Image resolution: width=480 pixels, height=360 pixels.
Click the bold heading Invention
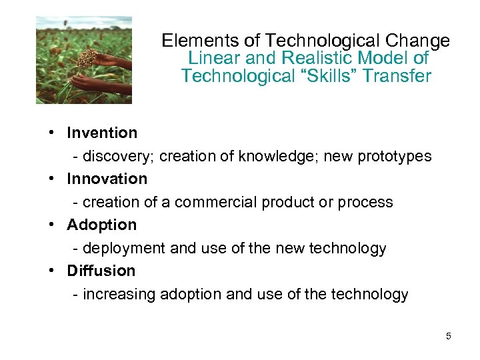102,133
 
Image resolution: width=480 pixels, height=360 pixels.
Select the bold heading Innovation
107,179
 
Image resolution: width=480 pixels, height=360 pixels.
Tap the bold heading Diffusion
101,271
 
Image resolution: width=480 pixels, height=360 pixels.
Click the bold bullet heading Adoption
101,225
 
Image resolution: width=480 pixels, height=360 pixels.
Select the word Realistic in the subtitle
315,59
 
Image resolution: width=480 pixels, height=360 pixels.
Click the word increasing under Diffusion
119,295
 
